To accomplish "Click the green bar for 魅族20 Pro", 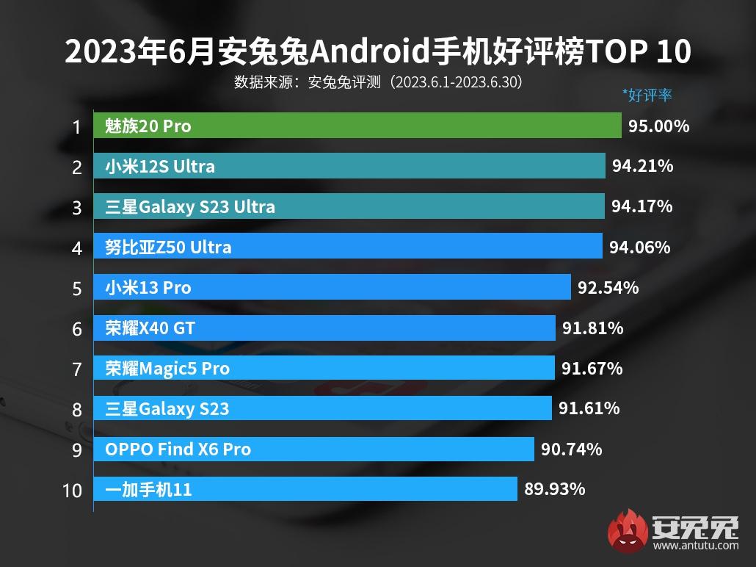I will point(357,126).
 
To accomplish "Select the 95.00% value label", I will point(658,126).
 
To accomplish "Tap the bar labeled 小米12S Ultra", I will point(349,167).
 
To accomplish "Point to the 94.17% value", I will point(641,206).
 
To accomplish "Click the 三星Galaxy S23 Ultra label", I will point(190,207).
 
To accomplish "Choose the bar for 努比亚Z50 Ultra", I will point(348,247).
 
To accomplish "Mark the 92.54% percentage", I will point(608,287).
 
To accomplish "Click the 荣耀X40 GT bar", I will point(324,328).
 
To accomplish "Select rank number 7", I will point(76,369).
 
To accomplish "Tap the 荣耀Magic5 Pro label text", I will point(167,368).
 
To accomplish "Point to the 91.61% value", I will point(589,408).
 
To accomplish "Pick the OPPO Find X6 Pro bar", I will point(313,449).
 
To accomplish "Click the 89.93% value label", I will point(555,488).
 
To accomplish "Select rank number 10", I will point(73,490).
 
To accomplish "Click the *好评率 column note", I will point(647,95).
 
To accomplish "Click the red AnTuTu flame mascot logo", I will point(628,531).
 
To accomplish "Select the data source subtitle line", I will point(378,82).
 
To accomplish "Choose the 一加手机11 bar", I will point(305,488).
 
